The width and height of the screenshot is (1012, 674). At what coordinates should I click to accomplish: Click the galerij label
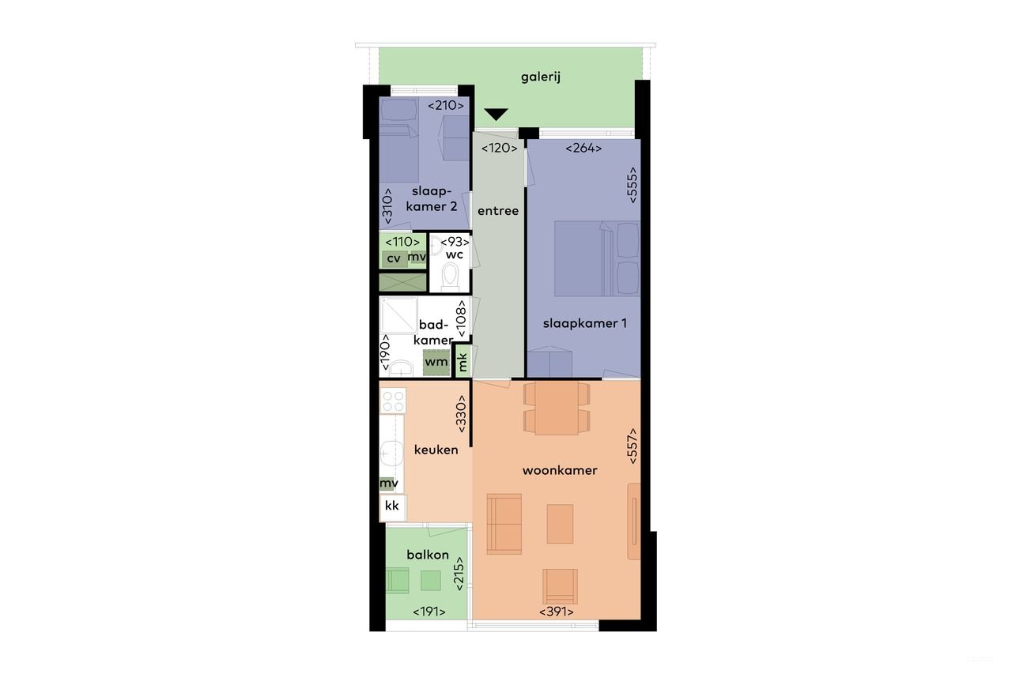pos(542,77)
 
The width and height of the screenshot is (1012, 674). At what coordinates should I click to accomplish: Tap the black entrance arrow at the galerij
pos(496,115)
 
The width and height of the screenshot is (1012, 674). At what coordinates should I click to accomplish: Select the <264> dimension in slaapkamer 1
pos(583,148)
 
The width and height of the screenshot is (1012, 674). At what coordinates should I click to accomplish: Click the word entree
pos(498,211)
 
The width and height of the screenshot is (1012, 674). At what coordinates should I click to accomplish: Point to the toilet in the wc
pos(450,277)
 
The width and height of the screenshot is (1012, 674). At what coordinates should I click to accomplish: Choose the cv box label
pos(393,258)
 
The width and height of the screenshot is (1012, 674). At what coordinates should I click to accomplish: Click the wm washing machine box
pos(436,363)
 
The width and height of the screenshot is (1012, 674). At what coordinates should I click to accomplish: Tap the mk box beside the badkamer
pos(463,361)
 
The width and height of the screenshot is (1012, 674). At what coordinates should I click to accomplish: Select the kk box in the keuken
pos(392,506)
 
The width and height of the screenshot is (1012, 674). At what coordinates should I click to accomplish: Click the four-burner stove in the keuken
pos(393,400)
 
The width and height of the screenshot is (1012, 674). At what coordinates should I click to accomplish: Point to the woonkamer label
pos(560,470)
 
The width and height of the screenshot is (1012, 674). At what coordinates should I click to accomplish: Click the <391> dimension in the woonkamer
pos(557,611)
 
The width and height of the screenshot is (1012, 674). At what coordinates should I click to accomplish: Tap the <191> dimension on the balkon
pos(429,611)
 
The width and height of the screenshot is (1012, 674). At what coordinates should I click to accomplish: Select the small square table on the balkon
pos(431,581)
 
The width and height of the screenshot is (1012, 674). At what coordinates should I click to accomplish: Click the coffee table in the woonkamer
pos(560,523)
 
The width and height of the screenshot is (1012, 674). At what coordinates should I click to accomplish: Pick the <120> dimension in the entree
pos(500,148)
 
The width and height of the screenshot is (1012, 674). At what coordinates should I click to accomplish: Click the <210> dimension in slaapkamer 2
pos(446,106)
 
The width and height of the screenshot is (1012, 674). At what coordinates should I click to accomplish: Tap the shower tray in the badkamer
pos(398,315)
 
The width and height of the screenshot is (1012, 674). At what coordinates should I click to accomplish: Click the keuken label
pos(436,450)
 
